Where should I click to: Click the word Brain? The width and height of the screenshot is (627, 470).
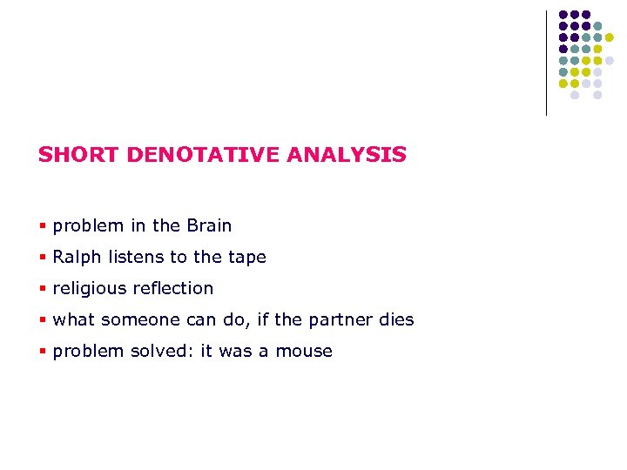[209, 225]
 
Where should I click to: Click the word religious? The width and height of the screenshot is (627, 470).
[89, 288]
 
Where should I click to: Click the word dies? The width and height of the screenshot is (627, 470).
[396, 319]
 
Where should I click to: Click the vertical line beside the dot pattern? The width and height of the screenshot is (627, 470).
[546, 63]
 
